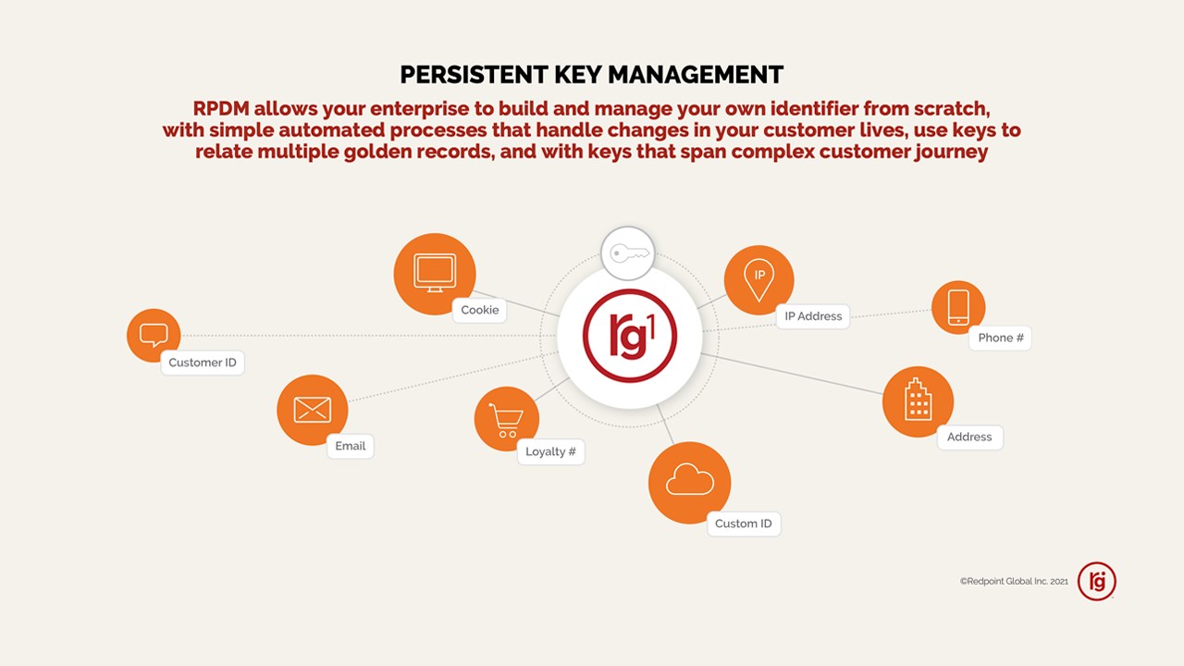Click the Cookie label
pyautogui.click(x=479, y=310)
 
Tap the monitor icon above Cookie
pyautogui.click(x=435, y=273)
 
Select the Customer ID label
pyautogui.click(x=203, y=363)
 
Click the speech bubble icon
pyautogui.click(x=154, y=335)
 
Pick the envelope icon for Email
pyautogui.click(x=313, y=410)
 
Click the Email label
pyautogui.click(x=350, y=446)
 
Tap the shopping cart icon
pyautogui.click(x=506, y=420)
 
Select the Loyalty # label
pyautogui.click(x=550, y=452)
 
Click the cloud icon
pyautogui.click(x=690, y=479)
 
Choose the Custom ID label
pyautogui.click(x=744, y=524)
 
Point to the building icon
pyautogui.click(x=919, y=400)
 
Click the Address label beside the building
pyautogui.click(x=969, y=438)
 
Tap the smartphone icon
pyautogui.click(x=958, y=307)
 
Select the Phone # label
pyautogui.click(x=1000, y=338)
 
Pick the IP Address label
pyautogui.click(x=813, y=316)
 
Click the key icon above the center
pyautogui.click(x=629, y=253)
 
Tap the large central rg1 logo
pyautogui.click(x=630, y=336)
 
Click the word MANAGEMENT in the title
pyautogui.click(x=696, y=75)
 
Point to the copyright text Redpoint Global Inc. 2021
pyautogui.click(x=1014, y=582)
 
